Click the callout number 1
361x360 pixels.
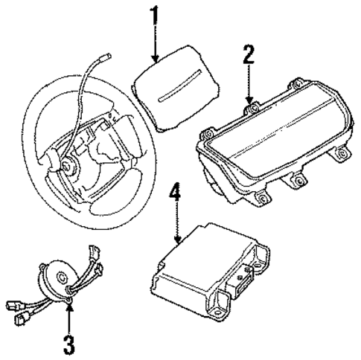[x=154, y=16]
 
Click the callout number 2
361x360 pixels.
[x=249, y=57]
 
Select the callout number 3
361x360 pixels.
[x=69, y=344]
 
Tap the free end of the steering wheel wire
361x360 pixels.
[x=108, y=55]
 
